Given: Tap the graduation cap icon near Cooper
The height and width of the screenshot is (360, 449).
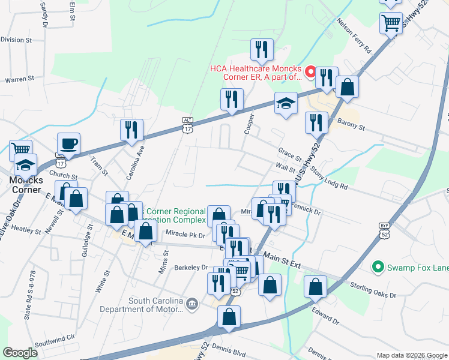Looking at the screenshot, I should (286, 103).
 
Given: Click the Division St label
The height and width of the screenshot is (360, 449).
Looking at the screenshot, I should (16, 40).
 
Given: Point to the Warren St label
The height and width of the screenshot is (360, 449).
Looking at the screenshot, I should (19, 79).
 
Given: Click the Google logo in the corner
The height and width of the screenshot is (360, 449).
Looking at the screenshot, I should (20, 353).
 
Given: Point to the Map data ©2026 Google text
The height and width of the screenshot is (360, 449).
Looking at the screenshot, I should (411, 355).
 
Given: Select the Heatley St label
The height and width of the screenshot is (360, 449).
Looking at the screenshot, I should (25, 229).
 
